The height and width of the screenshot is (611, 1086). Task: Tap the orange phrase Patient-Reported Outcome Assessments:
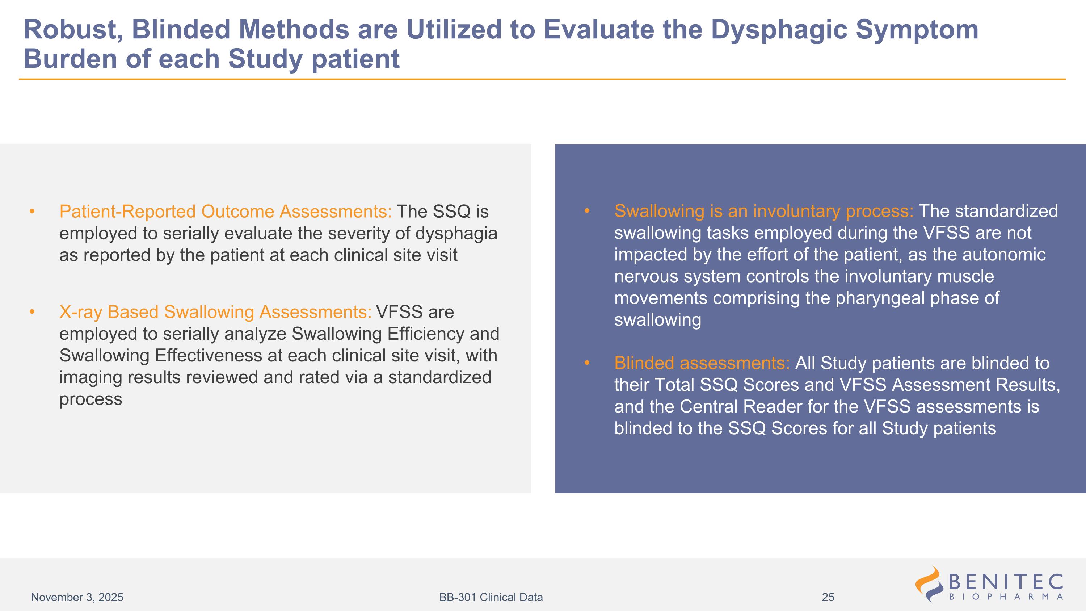pyautogui.click(x=226, y=212)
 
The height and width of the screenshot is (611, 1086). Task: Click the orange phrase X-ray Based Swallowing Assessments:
pyautogui.click(x=215, y=312)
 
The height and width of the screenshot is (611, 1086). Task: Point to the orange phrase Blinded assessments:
pyautogui.click(x=702, y=363)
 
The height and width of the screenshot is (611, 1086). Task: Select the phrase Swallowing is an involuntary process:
pyautogui.click(x=764, y=211)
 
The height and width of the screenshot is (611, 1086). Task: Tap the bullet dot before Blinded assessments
pyautogui.click(x=587, y=363)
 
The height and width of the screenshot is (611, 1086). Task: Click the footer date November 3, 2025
pyautogui.click(x=77, y=597)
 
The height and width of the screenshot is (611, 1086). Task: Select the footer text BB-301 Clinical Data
pyautogui.click(x=491, y=597)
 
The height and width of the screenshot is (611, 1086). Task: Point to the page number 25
pyautogui.click(x=828, y=597)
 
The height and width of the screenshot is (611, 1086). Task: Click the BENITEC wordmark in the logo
pyautogui.click(x=1006, y=582)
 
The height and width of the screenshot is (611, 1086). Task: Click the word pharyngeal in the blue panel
pyautogui.click(x=880, y=298)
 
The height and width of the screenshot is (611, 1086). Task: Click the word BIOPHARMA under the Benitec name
pyautogui.click(x=1006, y=597)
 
